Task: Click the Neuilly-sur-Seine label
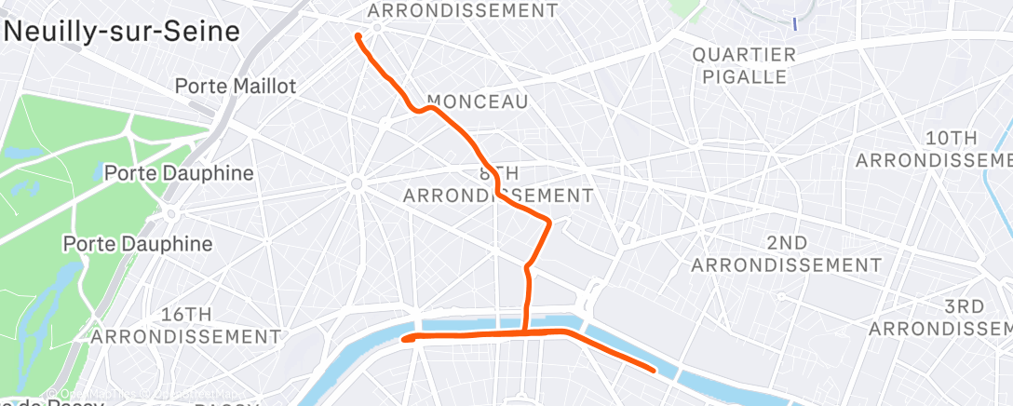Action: pos(122,31)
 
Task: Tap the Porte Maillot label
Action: pos(236,87)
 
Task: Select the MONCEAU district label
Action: pos(477,101)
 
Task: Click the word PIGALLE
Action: pos(744,77)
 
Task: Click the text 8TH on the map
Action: pos(498,174)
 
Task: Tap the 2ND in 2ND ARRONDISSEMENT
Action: pos(788,243)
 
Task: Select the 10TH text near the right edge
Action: pos(951,138)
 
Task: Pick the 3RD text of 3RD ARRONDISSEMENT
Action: pos(964,307)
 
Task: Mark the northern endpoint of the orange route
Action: pos(358,36)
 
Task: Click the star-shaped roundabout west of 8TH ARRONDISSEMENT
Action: pos(356,184)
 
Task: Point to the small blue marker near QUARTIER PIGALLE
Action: pos(794,22)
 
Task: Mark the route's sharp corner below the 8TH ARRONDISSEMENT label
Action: pos(549,222)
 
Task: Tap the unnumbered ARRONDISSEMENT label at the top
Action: pos(463,11)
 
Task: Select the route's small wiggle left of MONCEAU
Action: pos(424,109)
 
